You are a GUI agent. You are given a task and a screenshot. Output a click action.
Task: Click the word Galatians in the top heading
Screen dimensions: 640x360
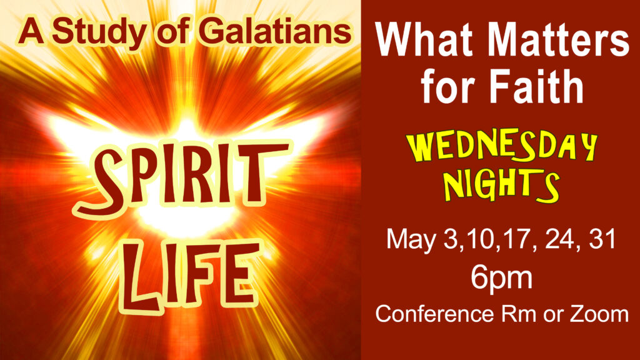click(x=275, y=31)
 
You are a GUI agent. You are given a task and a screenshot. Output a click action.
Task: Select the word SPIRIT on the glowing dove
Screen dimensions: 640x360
click(x=182, y=176)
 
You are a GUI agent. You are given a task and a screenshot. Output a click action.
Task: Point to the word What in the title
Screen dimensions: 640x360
click(x=424, y=39)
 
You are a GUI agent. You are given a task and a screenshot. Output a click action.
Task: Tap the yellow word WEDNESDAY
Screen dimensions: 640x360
click(x=502, y=147)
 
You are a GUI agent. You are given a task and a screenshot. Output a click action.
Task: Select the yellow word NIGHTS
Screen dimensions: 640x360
click(x=502, y=186)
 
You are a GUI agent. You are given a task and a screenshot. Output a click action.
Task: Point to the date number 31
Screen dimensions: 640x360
click(x=602, y=239)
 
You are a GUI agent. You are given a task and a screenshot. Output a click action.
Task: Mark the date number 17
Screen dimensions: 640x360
click(x=518, y=239)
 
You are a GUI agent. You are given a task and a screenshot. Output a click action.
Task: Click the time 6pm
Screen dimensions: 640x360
click(x=502, y=278)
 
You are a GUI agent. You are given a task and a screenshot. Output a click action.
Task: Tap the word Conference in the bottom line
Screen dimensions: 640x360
click(x=435, y=314)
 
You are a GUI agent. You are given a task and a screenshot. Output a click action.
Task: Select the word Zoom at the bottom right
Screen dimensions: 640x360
click(x=599, y=314)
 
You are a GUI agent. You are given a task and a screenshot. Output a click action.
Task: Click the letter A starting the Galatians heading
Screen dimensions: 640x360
click(x=31, y=31)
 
